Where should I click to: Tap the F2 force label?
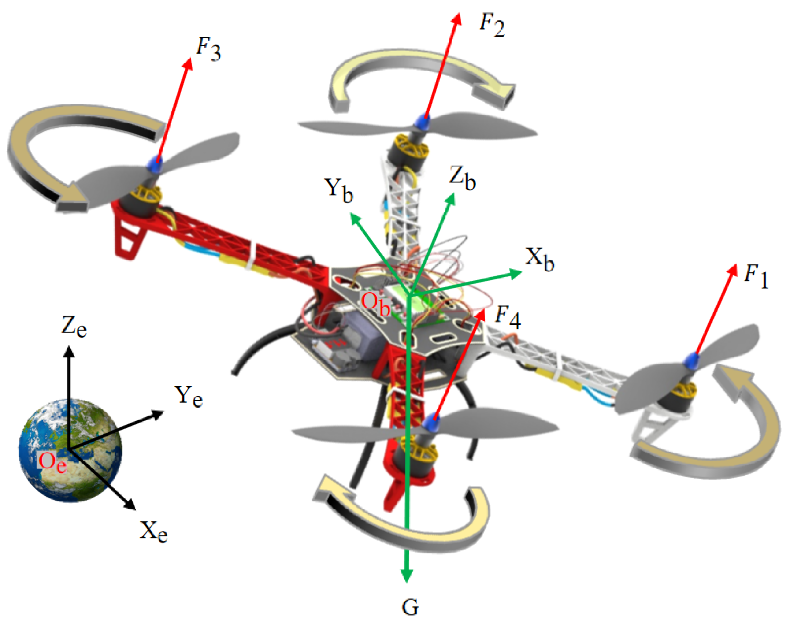coord(492,25)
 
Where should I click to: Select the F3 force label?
coord(208,49)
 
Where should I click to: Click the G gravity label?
coord(410,607)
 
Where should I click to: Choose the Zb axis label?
coord(462,178)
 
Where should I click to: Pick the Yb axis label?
coord(338,190)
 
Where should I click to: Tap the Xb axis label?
coord(539,260)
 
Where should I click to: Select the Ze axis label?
coord(74,327)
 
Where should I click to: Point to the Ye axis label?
coord(189,396)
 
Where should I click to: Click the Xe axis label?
coord(154,531)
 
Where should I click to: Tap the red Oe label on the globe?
coord(52,462)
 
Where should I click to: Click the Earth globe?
coord(70,449)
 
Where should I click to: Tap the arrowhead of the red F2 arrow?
coord(457,19)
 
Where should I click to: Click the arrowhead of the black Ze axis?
coord(69,351)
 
